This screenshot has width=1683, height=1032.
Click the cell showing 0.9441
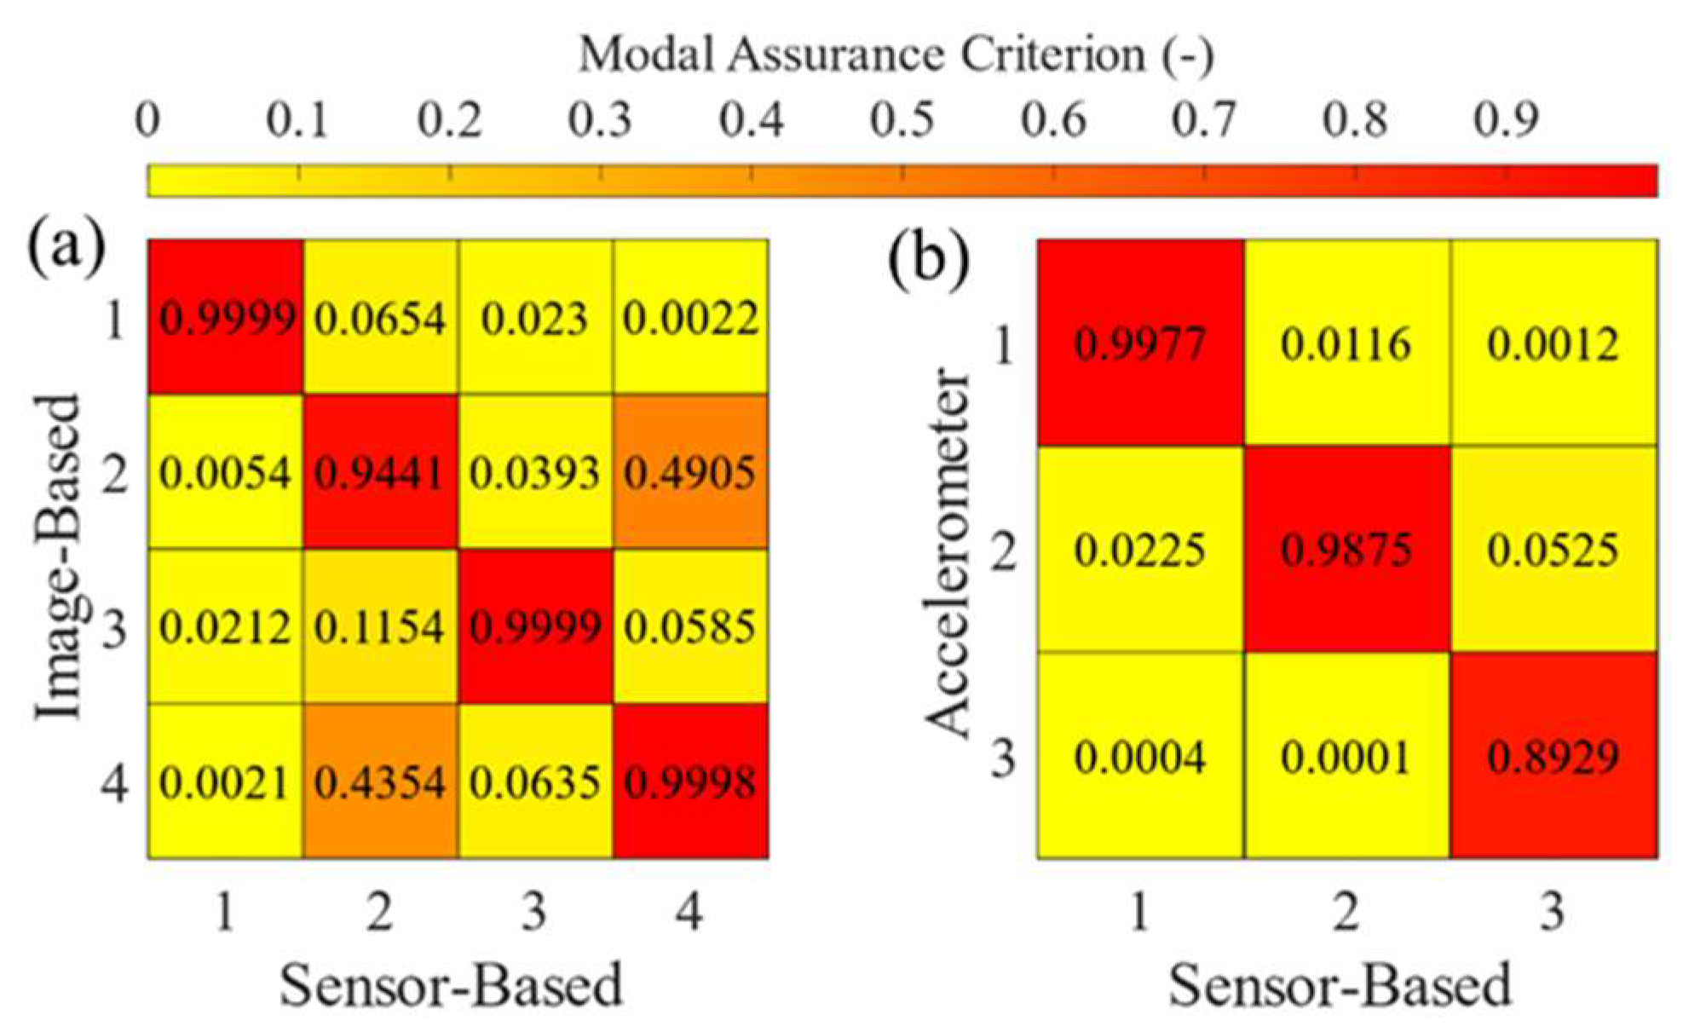(x=380, y=472)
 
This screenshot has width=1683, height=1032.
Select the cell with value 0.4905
(x=689, y=472)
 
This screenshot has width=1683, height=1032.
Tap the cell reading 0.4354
(x=380, y=781)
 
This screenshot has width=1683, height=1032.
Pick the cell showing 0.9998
(x=689, y=781)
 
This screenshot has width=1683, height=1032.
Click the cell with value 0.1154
(x=380, y=627)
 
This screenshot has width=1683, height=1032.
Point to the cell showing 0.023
(x=534, y=318)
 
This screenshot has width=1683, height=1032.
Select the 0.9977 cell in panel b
(x=1140, y=343)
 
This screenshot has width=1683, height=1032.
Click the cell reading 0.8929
(x=1553, y=756)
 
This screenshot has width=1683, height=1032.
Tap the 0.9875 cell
(x=1346, y=550)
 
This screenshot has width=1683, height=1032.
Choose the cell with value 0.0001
(x=1346, y=756)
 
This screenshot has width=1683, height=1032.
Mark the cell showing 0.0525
(x=1553, y=550)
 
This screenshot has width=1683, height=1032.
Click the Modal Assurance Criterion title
(x=896, y=55)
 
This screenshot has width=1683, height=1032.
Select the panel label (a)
(x=67, y=249)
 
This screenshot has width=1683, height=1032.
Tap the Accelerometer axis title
(x=948, y=554)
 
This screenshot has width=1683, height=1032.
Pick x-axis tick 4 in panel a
(x=689, y=912)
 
